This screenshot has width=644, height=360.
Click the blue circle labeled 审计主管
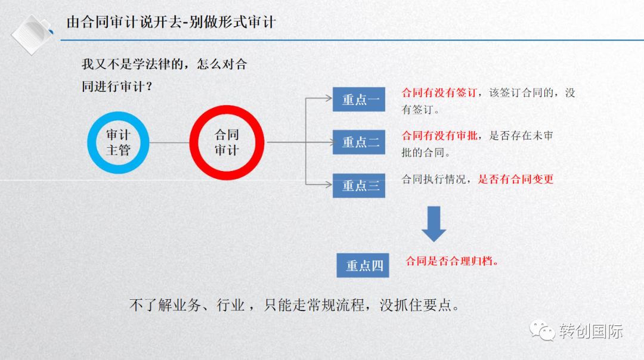(x=117, y=142)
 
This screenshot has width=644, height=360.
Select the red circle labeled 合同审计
(x=227, y=142)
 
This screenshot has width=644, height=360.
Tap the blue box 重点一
(x=360, y=99)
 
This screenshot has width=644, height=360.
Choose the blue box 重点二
(x=360, y=142)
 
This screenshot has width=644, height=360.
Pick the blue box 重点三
(x=360, y=185)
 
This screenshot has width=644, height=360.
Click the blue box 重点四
(x=363, y=265)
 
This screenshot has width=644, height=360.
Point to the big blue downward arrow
(x=434, y=224)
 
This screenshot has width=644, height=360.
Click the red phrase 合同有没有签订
(x=439, y=93)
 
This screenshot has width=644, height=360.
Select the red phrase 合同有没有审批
(x=439, y=136)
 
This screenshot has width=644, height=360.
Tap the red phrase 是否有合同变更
(x=516, y=179)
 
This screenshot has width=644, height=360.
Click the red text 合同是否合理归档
(x=451, y=261)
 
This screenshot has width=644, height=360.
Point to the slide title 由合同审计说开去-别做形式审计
(x=171, y=23)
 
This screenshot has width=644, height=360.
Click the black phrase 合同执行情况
(x=434, y=179)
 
